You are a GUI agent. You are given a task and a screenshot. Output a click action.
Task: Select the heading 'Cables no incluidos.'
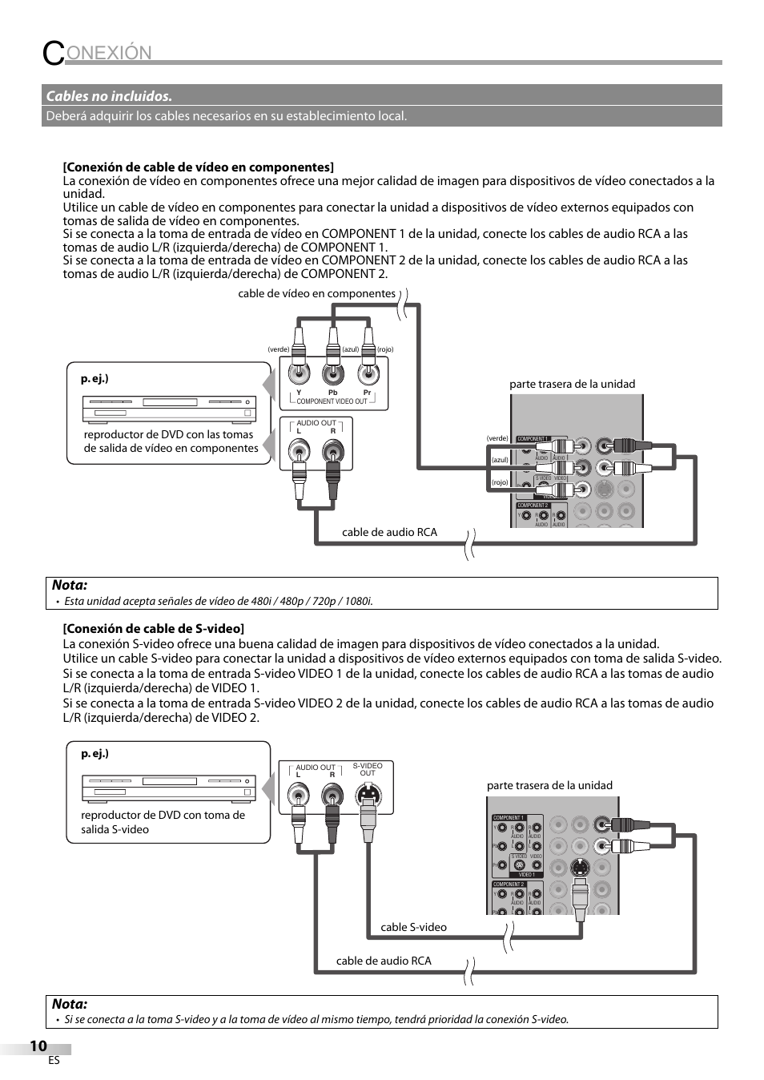click(x=109, y=96)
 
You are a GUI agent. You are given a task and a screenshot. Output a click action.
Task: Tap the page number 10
click(x=38, y=1046)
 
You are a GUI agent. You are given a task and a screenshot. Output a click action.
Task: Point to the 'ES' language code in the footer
click(x=54, y=1061)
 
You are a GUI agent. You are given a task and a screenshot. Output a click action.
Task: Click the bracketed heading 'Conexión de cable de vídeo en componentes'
click(x=199, y=167)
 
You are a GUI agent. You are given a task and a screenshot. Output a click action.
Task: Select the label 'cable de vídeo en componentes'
click(x=316, y=293)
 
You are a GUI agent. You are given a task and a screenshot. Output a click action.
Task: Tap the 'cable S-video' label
click(x=413, y=927)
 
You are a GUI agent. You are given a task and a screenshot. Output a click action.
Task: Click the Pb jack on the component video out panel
click(x=332, y=373)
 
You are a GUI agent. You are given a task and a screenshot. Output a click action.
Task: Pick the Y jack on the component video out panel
click(x=299, y=373)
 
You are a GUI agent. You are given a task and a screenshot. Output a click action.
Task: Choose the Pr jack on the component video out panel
click(x=367, y=373)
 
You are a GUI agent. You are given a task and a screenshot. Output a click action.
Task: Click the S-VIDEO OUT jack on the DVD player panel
click(x=368, y=795)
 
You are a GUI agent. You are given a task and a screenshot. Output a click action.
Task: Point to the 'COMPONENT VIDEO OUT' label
click(x=332, y=401)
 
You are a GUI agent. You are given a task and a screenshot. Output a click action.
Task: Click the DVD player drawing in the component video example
click(x=169, y=409)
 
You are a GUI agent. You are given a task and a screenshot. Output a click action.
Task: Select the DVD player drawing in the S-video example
click(x=169, y=788)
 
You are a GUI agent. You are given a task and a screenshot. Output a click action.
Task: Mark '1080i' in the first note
click(x=359, y=601)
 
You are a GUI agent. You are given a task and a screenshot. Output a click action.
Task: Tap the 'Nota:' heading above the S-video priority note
click(x=70, y=1004)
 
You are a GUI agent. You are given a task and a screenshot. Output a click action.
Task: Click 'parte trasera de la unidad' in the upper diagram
click(x=572, y=384)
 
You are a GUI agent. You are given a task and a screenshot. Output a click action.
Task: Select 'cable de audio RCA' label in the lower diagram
click(x=384, y=961)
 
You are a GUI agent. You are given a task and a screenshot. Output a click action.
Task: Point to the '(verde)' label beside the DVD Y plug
click(x=278, y=349)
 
